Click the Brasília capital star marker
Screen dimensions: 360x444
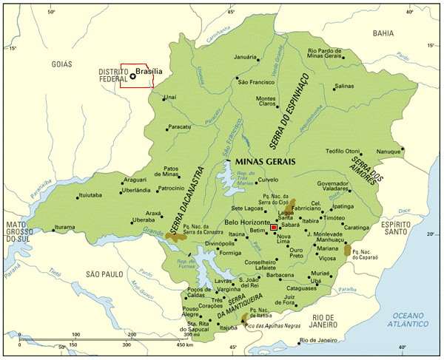(x=132, y=75)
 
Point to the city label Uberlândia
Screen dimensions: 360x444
(x=138, y=190)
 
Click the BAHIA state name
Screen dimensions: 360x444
(x=383, y=33)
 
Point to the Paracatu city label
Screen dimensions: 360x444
(x=180, y=127)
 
